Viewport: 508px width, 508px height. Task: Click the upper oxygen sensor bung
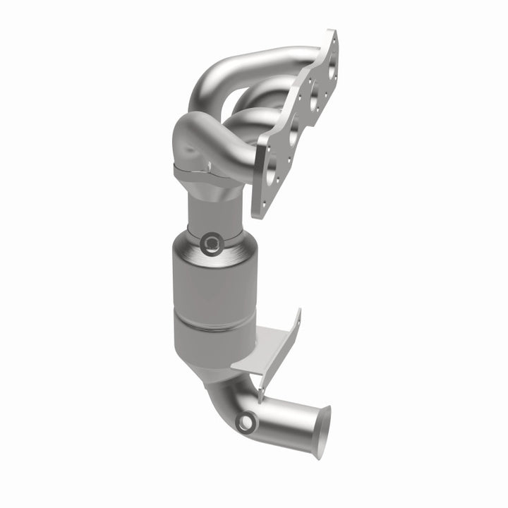(x=210, y=244)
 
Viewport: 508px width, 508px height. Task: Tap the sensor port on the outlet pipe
(x=246, y=423)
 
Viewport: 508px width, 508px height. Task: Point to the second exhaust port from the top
(x=310, y=100)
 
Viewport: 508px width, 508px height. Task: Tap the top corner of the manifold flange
(x=332, y=33)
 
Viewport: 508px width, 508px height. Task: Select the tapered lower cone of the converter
(x=212, y=353)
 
